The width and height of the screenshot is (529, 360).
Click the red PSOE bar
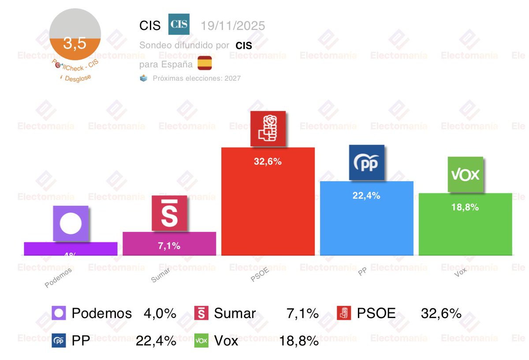[268, 207]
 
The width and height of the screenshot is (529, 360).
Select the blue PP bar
[366, 225]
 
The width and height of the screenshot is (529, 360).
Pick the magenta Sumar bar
[169, 245]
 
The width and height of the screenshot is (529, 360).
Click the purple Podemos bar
[71, 249]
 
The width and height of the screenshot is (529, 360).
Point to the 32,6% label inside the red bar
[268, 161]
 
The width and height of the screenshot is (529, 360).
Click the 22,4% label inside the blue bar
[366, 196]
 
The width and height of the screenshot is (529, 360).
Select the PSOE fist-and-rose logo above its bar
[268, 128]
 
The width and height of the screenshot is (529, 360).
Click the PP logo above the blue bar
[366, 162]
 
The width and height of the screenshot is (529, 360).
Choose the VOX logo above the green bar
[466, 174]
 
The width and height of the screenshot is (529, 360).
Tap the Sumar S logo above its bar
[169, 213]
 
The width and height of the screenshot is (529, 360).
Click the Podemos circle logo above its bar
[71, 224]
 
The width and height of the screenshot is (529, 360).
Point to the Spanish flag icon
[205, 64]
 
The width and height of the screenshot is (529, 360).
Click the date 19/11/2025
[233, 26]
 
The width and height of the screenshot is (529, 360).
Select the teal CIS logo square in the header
[179, 24]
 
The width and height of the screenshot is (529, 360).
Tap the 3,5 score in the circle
[75, 44]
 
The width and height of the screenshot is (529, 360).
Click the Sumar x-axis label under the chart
[160, 275]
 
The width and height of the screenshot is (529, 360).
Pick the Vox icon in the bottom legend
[201, 341]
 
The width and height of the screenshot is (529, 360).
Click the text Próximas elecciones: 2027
[196, 78]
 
